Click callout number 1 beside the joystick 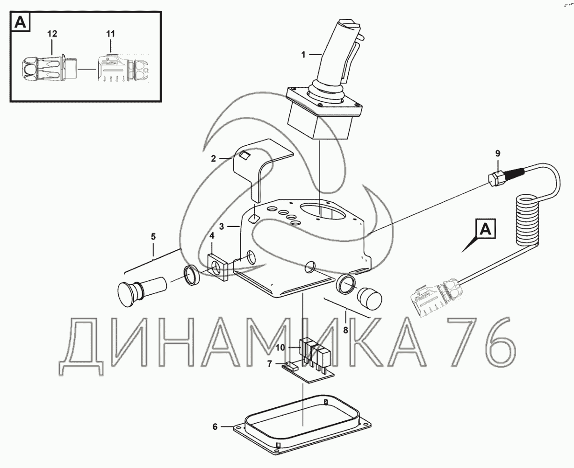(x=303, y=55)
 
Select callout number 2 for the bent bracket (x=213, y=158)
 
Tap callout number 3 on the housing (x=222, y=226)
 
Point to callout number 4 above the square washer (x=212, y=235)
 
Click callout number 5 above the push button (x=153, y=237)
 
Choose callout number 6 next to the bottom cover (x=215, y=427)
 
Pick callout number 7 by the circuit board (x=269, y=363)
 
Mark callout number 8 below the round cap (x=345, y=330)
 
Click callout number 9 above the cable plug (x=498, y=153)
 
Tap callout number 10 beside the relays (x=280, y=347)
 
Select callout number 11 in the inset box (x=110, y=34)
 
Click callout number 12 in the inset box (x=52, y=34)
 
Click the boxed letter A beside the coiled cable (x=486, y=229)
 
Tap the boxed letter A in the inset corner (x=21, y=22)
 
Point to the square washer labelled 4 (x=218, y=267)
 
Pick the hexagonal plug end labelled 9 (x=495, y=178)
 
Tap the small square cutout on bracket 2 (x=244, y=156)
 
